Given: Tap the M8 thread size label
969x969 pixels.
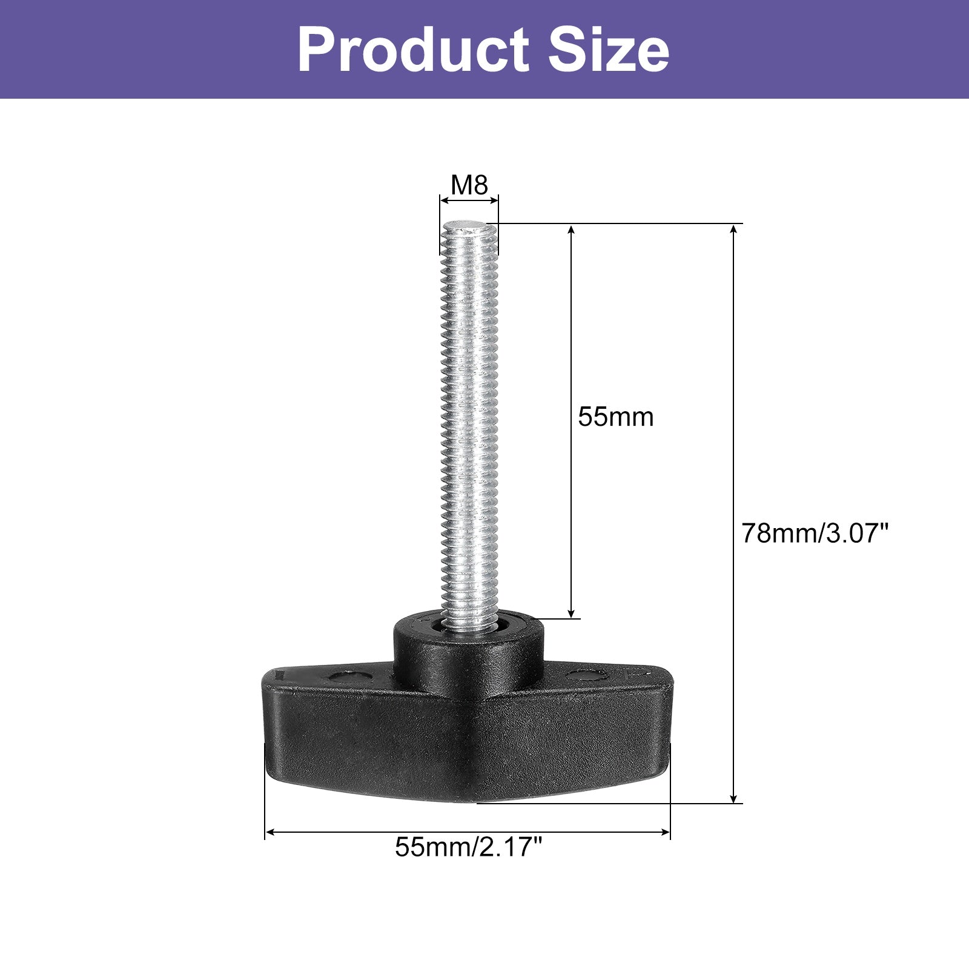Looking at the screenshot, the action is click(469, 185).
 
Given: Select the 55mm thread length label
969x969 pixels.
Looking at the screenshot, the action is click(616, 417).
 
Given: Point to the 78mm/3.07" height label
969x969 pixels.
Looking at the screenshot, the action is click(815, 534).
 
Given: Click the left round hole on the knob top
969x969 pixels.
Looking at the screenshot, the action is click(349, 676).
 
